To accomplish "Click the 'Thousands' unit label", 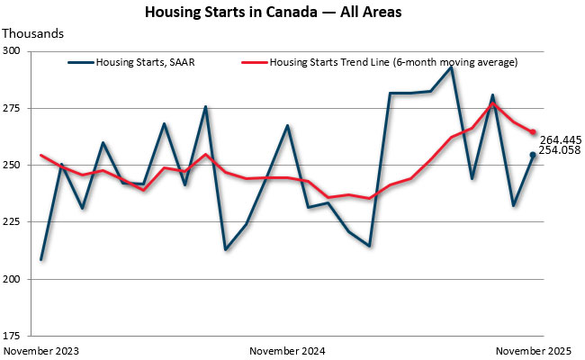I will pos(34,33).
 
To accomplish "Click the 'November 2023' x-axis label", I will pos(41,349).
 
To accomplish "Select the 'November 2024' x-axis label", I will pos(287,349).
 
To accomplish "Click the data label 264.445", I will pos(559,139).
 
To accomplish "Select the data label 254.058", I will pos(559,150).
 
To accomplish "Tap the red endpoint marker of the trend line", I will pos(533,132).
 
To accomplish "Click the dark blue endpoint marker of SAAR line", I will pos(533,155).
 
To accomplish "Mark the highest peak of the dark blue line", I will pos(452,67).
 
